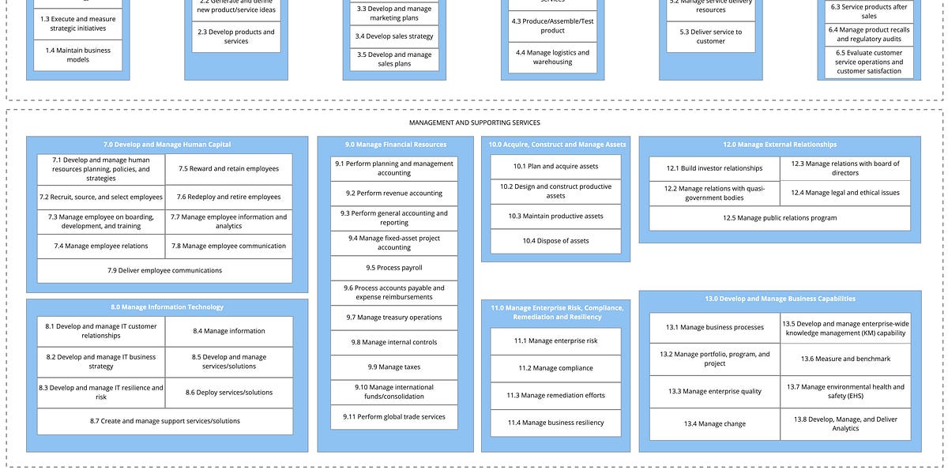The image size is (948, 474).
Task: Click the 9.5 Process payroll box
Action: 393,268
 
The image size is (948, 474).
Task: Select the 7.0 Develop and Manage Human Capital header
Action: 167,145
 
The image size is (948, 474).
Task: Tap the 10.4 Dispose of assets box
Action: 555,241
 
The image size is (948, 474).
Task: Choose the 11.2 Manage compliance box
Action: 555,368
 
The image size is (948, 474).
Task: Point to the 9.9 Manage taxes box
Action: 393,367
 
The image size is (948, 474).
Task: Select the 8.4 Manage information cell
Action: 228,331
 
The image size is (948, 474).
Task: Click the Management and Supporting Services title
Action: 474,122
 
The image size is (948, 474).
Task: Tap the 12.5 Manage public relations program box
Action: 779,218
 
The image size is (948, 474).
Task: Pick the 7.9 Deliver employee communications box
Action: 164,270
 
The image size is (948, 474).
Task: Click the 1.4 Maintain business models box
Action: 77,55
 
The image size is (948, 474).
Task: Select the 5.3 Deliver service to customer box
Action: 710,36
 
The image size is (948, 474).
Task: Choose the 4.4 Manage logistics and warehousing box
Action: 552,58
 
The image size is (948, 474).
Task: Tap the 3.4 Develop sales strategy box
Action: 393,36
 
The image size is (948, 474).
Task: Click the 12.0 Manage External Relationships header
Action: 779,145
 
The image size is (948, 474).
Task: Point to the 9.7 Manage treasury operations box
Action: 393,318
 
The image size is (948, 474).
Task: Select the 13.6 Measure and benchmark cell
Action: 845,359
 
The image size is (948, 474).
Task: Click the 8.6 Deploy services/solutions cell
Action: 228,393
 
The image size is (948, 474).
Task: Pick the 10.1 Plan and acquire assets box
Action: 555,167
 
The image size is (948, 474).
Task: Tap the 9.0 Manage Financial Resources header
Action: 395,145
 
